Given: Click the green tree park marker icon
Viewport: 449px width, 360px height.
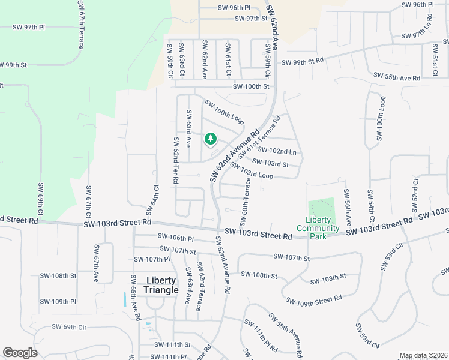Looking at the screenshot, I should click(x=210, y=139).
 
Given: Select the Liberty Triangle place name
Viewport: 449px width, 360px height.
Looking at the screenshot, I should click(x=161, y=285).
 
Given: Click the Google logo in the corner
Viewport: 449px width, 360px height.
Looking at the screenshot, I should click(x=20, y=353).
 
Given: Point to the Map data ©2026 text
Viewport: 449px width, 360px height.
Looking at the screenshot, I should click(x=423, y=355).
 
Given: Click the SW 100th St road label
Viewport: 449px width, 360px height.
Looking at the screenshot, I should click(x=243, y=86).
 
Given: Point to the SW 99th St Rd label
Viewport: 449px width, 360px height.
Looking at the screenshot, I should click(x=302, y=61).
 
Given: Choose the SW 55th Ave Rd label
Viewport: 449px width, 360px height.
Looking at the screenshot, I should click(x=397, y=77).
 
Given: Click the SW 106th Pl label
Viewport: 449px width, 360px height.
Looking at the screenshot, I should click(x=176, y=238).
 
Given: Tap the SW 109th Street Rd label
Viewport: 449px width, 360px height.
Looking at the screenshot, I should click(x=313, y=299).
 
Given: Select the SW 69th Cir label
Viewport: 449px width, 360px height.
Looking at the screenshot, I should click(x=70, y=327).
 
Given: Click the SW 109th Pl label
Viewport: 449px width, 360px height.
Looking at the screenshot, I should click(x=58, y=301).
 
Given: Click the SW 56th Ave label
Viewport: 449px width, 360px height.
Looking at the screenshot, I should click(x=347, y=207).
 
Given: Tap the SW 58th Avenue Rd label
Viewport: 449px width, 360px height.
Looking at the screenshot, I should click(x=284, y=332).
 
